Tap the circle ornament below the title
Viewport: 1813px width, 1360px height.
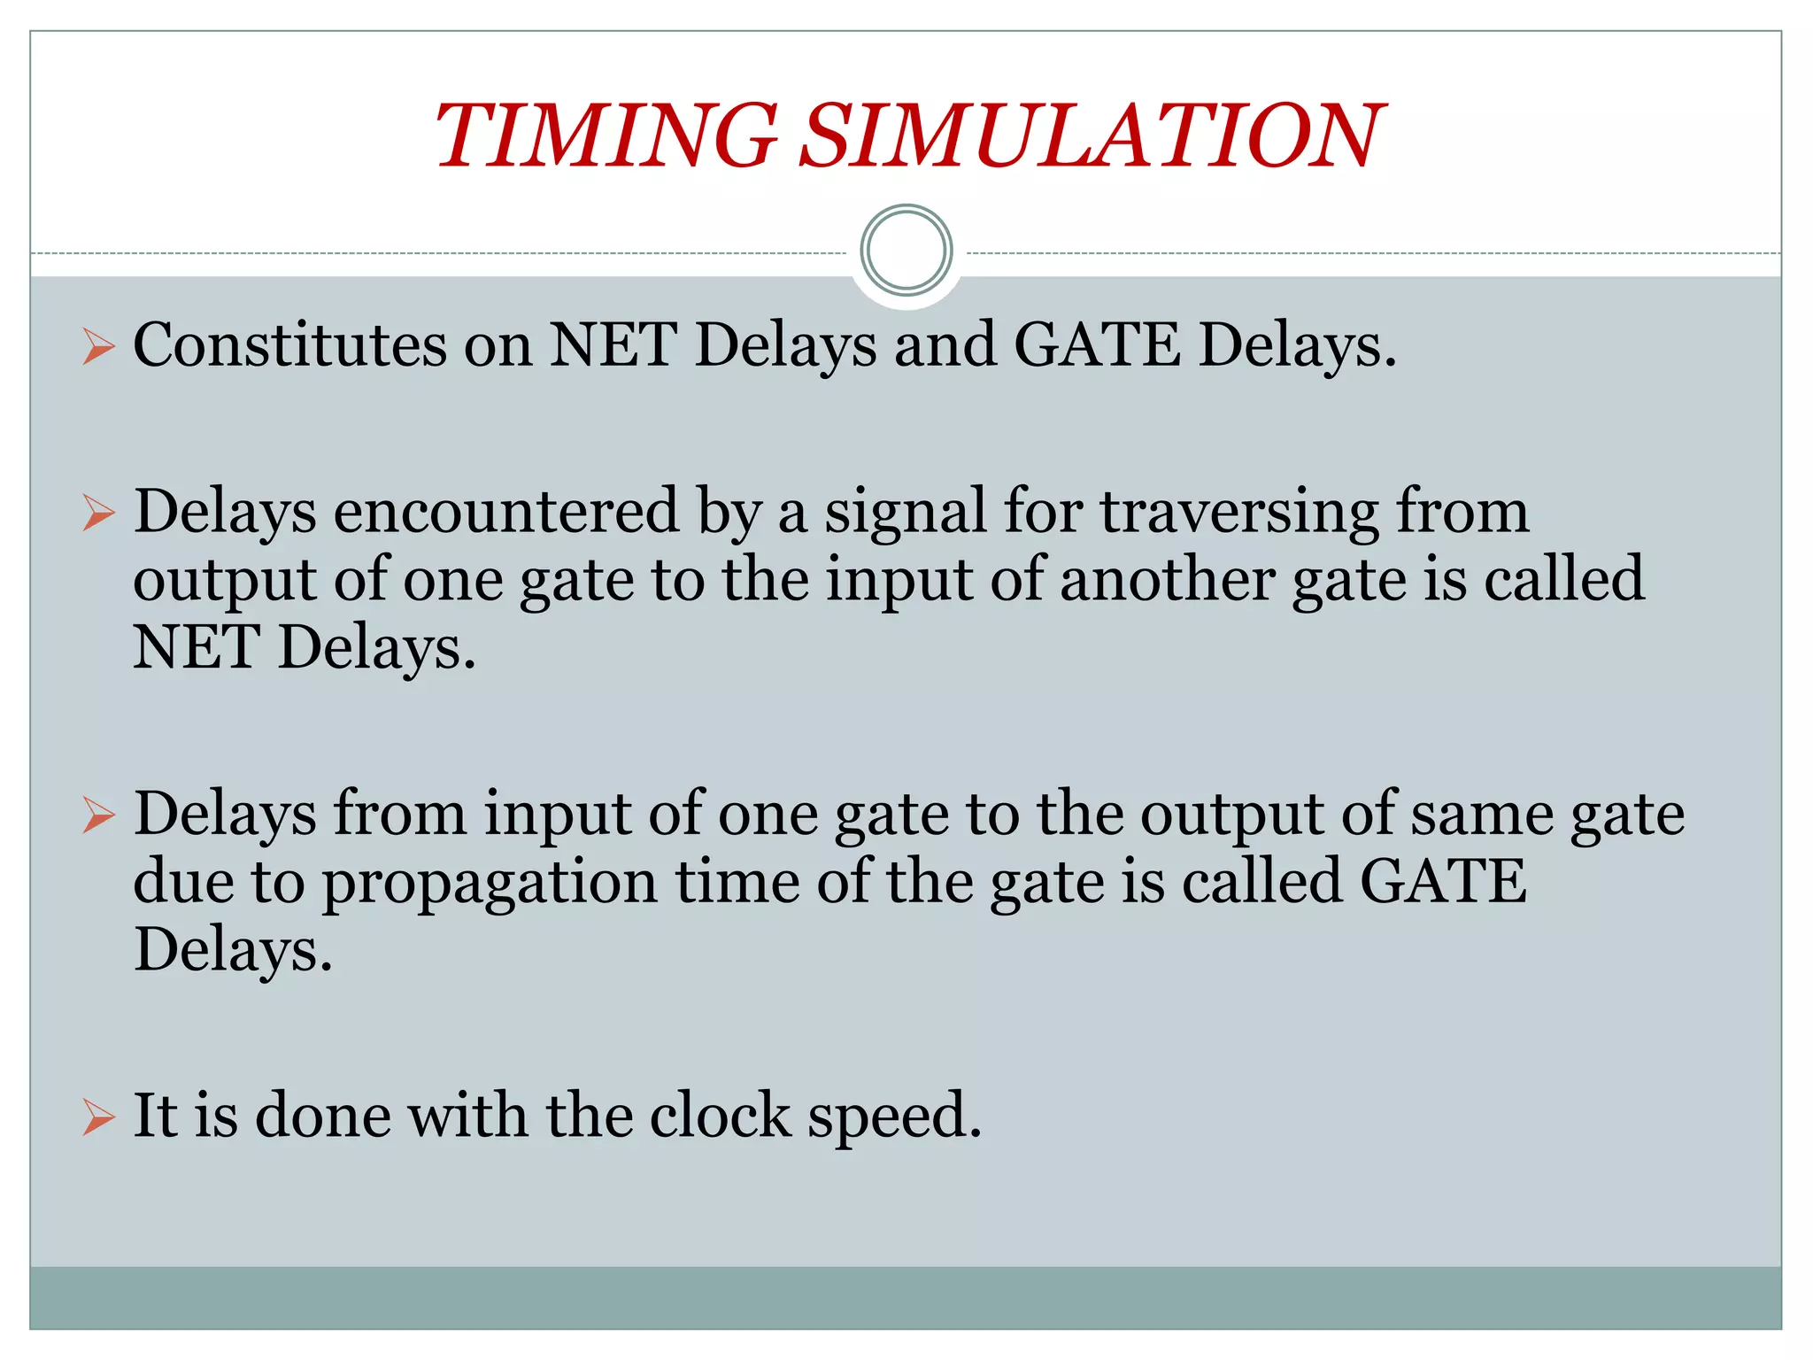pos(906,251)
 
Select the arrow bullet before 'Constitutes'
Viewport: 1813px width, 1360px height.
pos(98,346)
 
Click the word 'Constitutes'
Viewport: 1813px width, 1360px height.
pos(290,344)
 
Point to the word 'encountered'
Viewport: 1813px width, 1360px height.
pos(505,512)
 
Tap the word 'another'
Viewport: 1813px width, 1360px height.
pos(1167,580)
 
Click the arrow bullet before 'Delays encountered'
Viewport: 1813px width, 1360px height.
pos(98,514)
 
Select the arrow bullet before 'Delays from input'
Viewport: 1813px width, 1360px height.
pos(98,815)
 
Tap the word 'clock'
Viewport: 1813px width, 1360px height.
pos(720,1115)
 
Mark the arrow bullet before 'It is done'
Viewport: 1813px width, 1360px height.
pos(98,1117)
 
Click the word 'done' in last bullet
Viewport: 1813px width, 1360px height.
pos(323,1115)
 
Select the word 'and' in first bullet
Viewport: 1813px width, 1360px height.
pos(945,344)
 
